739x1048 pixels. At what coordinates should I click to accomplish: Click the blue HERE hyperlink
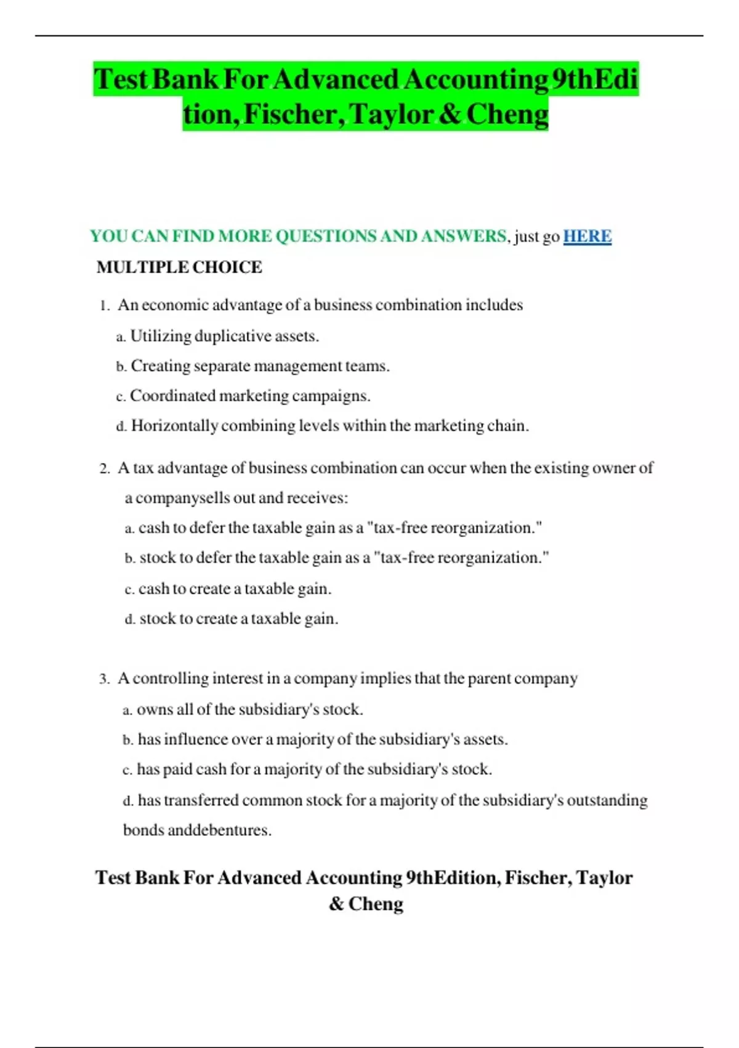587,236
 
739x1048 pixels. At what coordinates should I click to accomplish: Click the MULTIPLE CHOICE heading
179,267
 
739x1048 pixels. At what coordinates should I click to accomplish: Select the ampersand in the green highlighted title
450,115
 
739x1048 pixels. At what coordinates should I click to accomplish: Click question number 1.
104,306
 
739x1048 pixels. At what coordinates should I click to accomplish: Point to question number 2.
104,469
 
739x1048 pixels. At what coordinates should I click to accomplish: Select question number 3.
104,679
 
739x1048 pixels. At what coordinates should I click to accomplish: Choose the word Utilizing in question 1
161,336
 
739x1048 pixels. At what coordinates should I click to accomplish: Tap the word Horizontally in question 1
174,426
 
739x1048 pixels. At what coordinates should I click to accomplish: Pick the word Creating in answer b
160,366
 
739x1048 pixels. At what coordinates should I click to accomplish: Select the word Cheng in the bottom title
376,904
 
